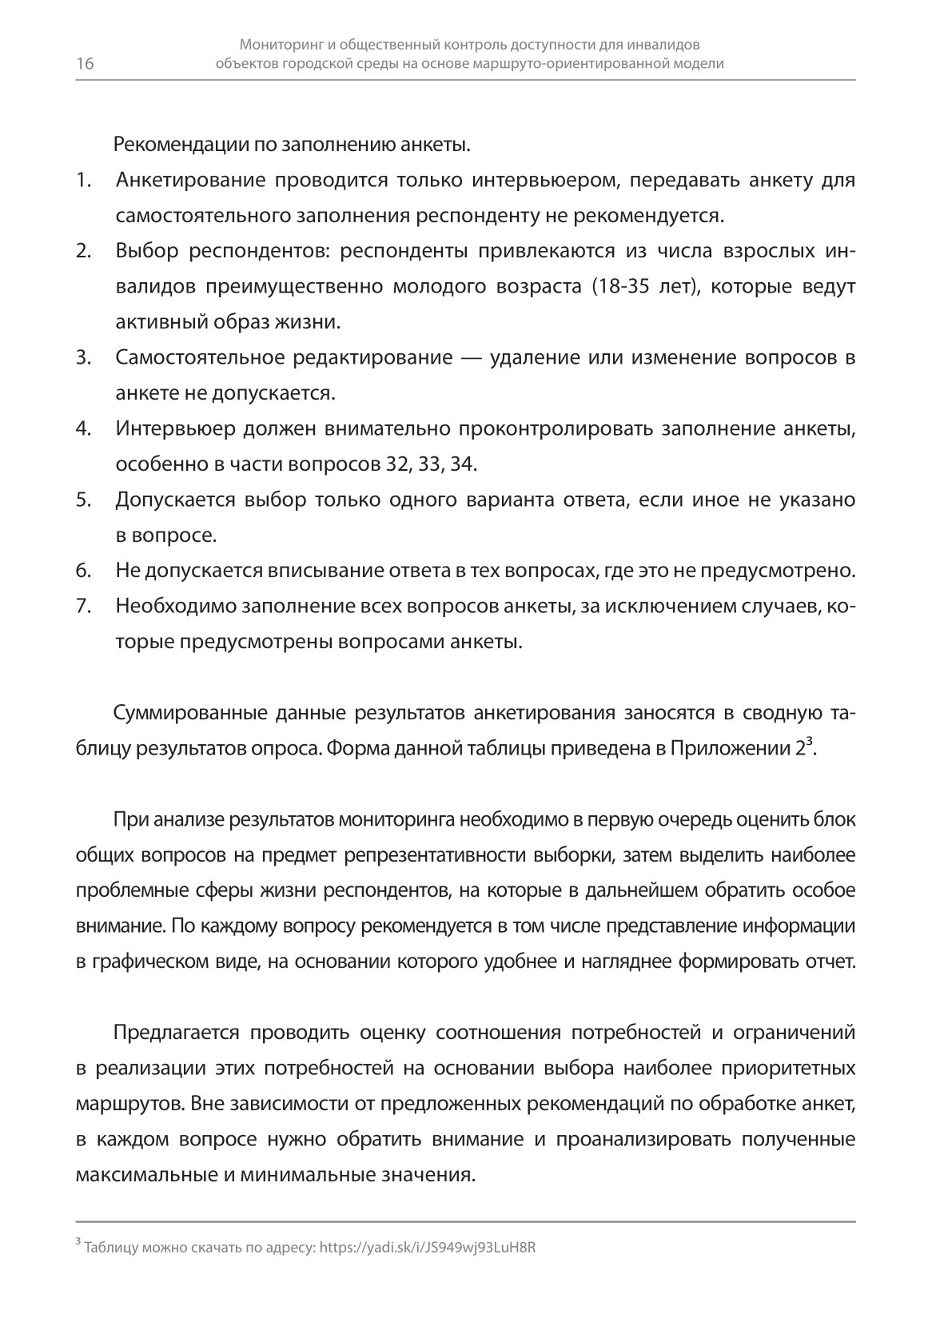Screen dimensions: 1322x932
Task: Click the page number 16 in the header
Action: (85, 65)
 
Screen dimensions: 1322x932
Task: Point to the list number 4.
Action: (82, 428)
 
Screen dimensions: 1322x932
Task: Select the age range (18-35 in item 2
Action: (624, 287)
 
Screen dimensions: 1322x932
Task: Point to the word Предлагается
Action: (177, 1032)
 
